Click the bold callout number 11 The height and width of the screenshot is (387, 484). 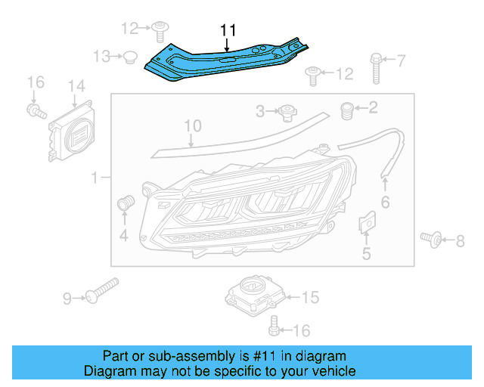pyautogui.click(x=228, y=30)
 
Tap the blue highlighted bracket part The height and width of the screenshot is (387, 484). pyautogui.click(x=227, y=60)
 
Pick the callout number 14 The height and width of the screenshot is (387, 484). pyautogui.click(x=76, y=87)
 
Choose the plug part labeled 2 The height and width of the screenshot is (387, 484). pyautogui.click(x=349, y=110)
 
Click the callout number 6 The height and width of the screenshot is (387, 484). pyautogui.click(x=385, y=202)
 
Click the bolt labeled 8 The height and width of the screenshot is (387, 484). pyautogui.click(x=432, y=239)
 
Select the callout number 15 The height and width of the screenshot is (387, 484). pyautogui.click(x=310, y=298)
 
